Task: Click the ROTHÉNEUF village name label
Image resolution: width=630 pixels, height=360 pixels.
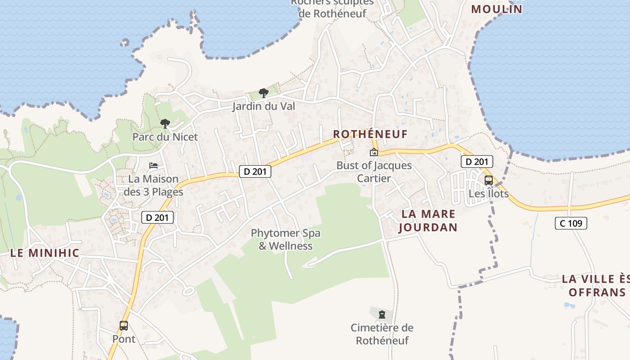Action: click(x=370, y=134)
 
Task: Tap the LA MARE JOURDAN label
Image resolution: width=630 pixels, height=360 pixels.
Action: click(x=428, y=220)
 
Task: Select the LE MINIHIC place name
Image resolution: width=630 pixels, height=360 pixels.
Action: click(x=45, y=253)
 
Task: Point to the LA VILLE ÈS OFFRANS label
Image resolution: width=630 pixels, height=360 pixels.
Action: click(x=595, y=286)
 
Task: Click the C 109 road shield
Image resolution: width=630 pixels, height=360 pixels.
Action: click(x=571, y=223)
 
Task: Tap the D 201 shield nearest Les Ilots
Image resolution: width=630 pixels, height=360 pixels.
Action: click(x=477, y=162)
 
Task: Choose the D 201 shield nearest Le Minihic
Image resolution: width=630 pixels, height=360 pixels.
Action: click(x=157, y=217)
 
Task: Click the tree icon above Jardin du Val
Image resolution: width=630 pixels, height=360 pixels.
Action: click(x=264, y=93)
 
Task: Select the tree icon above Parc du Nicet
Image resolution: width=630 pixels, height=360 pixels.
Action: click(x=165, y=123)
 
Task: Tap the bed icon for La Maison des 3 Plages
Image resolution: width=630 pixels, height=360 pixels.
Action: click(x=153, y=166)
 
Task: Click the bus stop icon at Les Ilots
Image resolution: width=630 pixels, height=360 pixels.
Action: click(x=488, y=180)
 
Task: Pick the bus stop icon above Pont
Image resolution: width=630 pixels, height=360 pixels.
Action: click(x=124, y=325)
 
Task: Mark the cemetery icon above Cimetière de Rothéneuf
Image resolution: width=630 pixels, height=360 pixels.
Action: click(x=382, y=314)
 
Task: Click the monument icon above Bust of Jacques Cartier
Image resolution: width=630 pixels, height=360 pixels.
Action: click(x=374, y=152)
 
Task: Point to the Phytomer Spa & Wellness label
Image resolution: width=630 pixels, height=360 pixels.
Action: click(x=286, y=239)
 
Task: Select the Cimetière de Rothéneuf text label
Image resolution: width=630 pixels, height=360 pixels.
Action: click(x=382, y=334)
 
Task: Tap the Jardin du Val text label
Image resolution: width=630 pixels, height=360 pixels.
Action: click(x=264, y=107)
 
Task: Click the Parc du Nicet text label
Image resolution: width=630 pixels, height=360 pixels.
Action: click(x=165, y=137)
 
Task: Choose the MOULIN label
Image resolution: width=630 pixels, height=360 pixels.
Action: click(x=497, y=9)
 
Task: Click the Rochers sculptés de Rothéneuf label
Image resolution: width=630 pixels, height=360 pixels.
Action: click(x=333, y=8)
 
